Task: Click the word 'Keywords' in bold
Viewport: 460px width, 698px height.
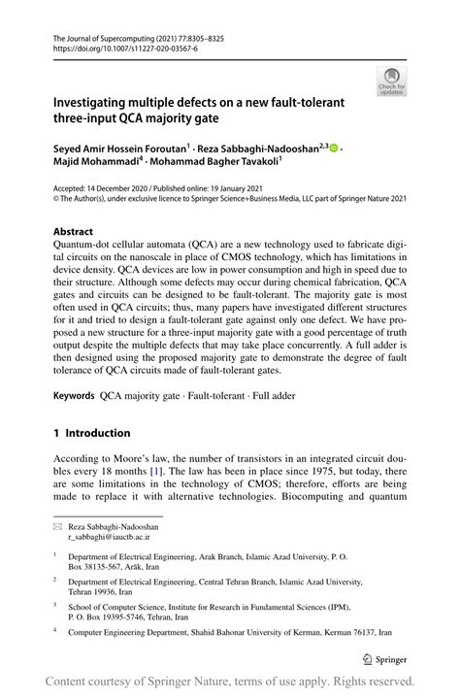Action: (x=81, y=397)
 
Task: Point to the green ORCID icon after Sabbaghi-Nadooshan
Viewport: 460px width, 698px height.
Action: (x=334, y=149)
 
